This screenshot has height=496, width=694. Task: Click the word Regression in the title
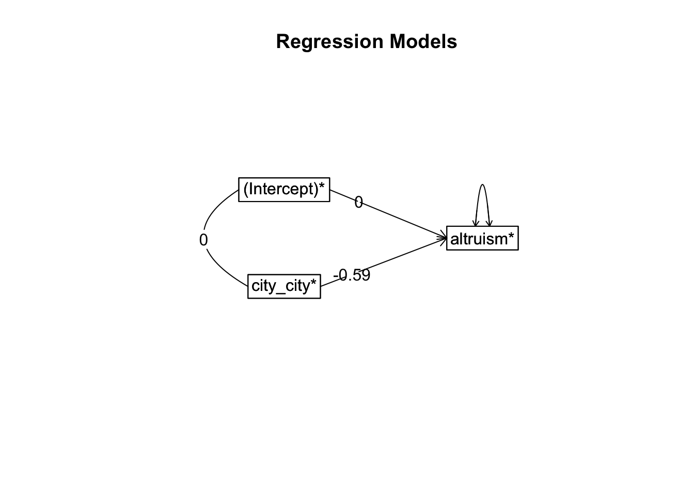coord(329,41)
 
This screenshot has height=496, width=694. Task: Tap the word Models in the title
coord(423,41)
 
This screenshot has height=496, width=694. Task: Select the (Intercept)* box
coord(284,190)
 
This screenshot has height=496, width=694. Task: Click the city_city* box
coord(284,286)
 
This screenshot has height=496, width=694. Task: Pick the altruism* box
coord(482,238)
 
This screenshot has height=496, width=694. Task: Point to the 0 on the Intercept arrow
coord(358,203)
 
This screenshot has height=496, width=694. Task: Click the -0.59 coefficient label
coord(352,275)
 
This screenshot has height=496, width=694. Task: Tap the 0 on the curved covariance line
coord(203,240)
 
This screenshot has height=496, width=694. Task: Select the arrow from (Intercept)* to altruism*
coord(388,214)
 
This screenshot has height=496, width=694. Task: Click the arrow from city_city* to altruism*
coord(384,262)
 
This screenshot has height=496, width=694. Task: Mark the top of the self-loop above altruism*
coord(482,184)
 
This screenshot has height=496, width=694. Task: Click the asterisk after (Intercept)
coord(322,186)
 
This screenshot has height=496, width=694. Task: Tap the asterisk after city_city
coord(313,282)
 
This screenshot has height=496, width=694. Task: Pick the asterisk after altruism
coord(511,235)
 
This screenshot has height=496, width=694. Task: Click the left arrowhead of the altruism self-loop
coord(476,223)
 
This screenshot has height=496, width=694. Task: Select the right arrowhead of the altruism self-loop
coord(489,223)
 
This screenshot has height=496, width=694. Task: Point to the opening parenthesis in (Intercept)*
coord(246,189)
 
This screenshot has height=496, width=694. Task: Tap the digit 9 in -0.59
coord(366,275)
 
